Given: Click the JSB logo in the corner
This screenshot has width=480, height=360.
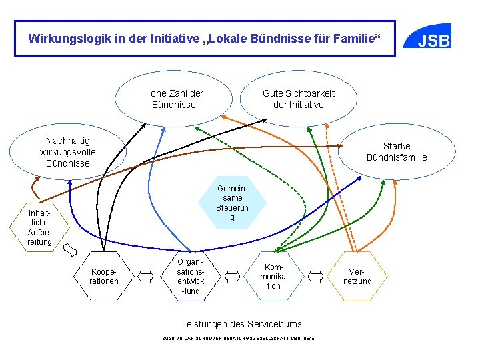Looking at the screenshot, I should coord(433,40).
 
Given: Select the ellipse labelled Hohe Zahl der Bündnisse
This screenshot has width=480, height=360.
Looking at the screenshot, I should coord(173,99).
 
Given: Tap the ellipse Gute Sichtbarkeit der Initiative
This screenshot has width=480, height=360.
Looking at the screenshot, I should coord(298,99).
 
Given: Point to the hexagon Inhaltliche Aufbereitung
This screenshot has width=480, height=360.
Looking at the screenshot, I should coord(39,227).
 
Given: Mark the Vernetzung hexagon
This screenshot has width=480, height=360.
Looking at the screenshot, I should coord(357,276).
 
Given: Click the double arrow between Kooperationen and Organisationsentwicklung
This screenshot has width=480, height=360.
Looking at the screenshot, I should coord(146,275).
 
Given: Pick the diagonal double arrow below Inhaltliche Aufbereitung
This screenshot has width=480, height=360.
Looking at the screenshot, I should coord(69,250).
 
